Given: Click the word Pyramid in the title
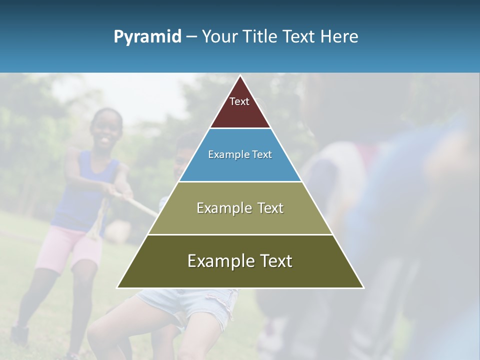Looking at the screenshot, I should coord(147,37).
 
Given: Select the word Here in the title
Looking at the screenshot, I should coord(339,36).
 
